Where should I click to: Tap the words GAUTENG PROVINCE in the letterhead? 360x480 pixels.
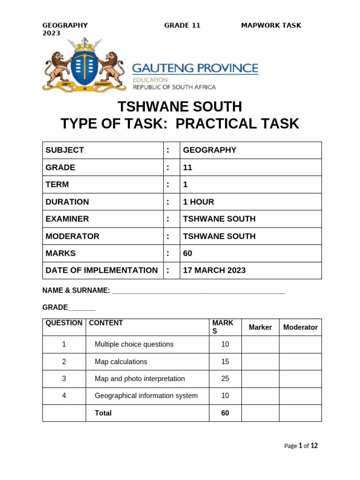click(x=195, y=68)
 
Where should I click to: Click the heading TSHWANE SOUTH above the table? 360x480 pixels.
click(x=180, y=107)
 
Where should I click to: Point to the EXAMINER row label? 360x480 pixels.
click(x=67, y=219)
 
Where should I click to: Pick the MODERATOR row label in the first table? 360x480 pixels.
click(x=73, y=236)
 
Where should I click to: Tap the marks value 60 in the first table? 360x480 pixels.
click(x=187, y=254)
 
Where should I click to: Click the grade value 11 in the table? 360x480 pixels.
click(x=187, y=167)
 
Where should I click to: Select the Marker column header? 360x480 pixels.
click(x=260, y=328)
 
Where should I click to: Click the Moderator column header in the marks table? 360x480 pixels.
click(x=300, y=328)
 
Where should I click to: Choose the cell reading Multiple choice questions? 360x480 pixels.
click(x=134, y=345)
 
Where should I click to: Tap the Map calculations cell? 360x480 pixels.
click(x=121, y=362)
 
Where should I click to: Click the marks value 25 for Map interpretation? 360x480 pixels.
click(x=225, y=379)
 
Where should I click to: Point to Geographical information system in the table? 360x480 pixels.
click(x=146, y=396)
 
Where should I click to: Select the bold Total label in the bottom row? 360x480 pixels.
click(x=103, y=413)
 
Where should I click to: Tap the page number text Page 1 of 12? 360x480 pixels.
click(x=301, y=446)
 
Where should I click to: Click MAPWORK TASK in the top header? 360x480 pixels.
click(x=271, y=25)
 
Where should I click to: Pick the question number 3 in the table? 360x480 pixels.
click(x=64, y=379)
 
